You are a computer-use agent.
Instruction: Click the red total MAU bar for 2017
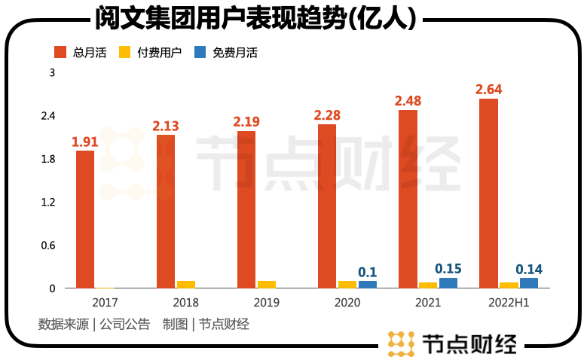point(85,219)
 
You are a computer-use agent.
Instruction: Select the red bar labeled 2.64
point(488,193)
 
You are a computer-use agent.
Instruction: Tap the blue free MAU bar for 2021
point(448,282)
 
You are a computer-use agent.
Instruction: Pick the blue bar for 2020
point(367,284)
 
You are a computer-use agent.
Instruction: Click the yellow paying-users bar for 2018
point(185,284)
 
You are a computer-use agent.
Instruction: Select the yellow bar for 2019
point(266,284)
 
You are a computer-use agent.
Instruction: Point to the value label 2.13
point(165,125)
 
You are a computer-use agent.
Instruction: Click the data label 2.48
point(408,100)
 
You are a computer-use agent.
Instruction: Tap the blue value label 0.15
point(448,268)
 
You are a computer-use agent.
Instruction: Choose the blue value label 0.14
point(529,269)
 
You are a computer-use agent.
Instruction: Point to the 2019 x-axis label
point(266,302)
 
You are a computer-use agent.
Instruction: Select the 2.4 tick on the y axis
point(48,116)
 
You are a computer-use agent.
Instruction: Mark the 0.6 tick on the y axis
point(48,246)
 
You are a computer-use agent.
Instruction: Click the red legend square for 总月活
point(60,52)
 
